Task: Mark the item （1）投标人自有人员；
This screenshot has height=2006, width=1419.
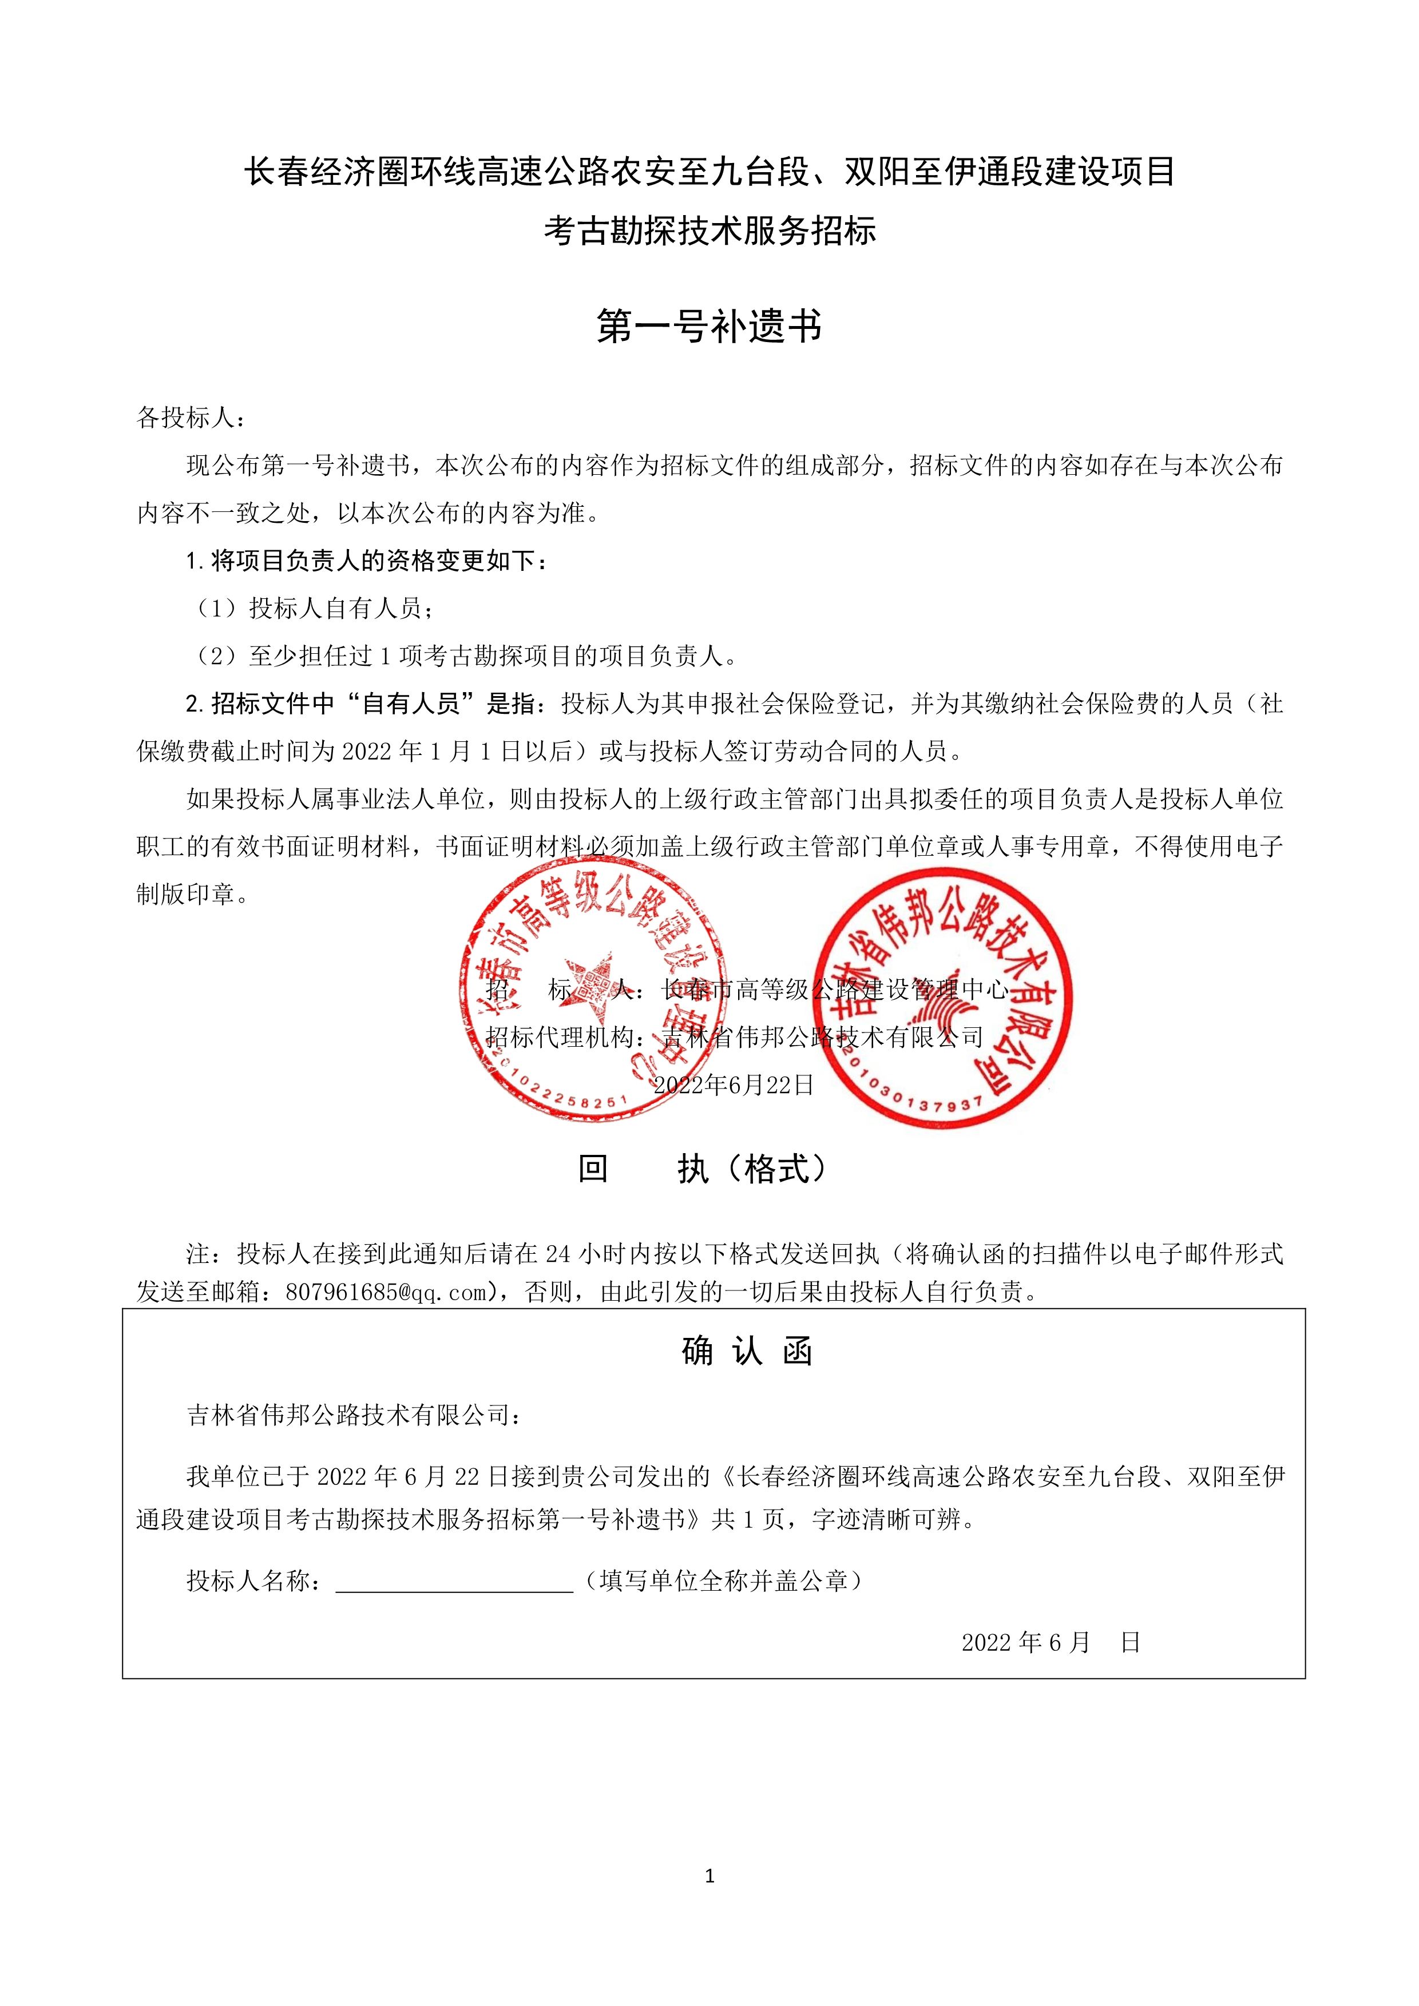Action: tap(313, 608)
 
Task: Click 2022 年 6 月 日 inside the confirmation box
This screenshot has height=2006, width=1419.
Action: tap(1051, 1643)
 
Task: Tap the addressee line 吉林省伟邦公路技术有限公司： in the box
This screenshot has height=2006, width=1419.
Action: tap(354, 1415)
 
